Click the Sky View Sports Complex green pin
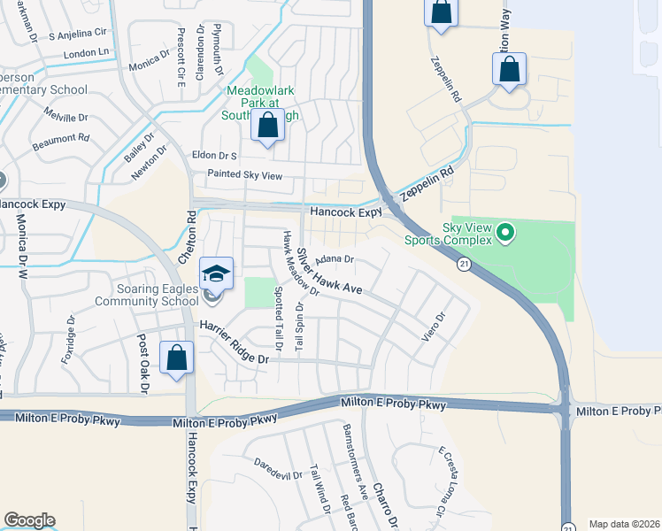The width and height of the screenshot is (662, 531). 505,234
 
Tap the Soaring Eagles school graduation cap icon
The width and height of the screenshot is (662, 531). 216,273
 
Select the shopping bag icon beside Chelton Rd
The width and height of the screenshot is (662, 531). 177,358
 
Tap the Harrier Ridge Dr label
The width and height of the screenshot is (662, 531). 233,342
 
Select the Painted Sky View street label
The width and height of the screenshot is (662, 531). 244,176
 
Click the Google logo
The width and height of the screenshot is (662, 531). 29,520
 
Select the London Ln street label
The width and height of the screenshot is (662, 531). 89,54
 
